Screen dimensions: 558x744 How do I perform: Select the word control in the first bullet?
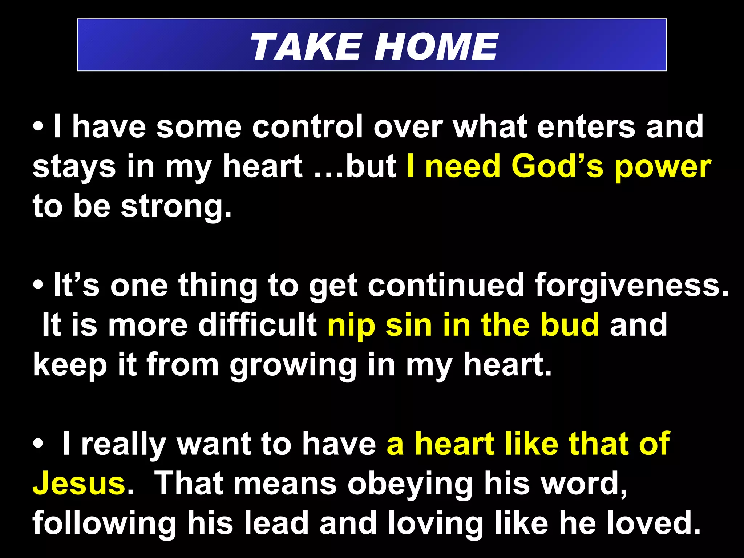coord(307,127)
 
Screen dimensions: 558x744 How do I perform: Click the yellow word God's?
coord(557,166)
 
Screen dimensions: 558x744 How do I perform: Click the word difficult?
coord(258,325)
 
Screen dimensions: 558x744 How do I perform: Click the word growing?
coord(293,365)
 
